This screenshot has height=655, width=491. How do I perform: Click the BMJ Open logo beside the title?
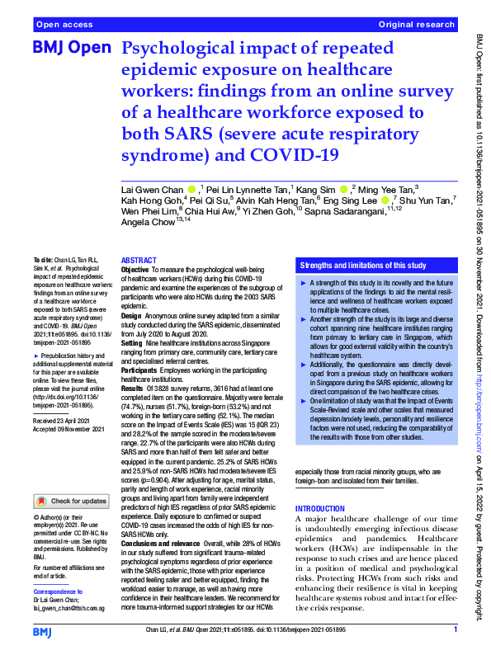point(71,49)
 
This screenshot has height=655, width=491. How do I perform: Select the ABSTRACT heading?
point(139,260)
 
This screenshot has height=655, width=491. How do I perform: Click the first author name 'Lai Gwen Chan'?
point(153,190)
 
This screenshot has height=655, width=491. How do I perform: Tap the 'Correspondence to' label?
point(59,592)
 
